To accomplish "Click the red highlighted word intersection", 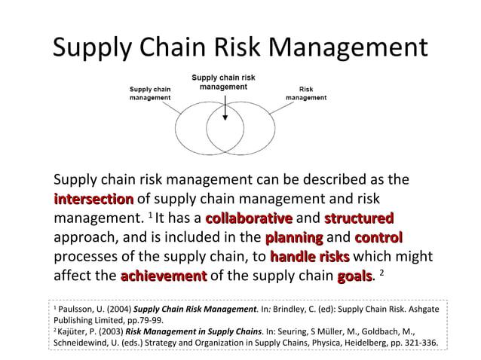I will pyautogui.click(x=93, y=200).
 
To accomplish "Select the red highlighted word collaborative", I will pyautogui.click(x=249, y=219).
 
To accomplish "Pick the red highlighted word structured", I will pyautogui.click(x=359, y=219).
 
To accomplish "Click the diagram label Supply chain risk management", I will pyautogui.click(x=224, y=82).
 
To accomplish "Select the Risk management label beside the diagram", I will pyautogui.click(x=306, y=93).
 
